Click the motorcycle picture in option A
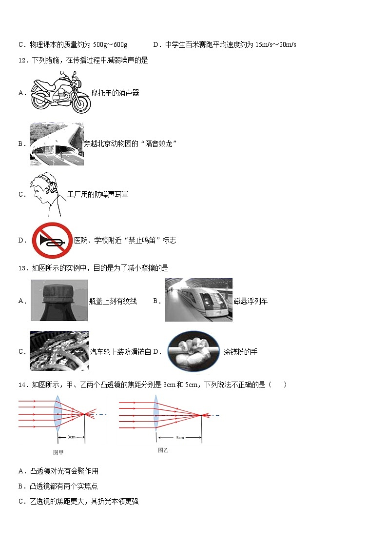60,92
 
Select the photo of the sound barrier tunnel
56,144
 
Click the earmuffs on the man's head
52,185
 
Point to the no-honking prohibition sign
52,240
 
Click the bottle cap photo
59,300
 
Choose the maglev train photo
198,300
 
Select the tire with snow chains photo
59,351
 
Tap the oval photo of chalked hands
193,351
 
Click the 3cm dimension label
71,437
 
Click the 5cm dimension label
180,438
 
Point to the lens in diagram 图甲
58,413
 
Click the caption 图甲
58,452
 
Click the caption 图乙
163,450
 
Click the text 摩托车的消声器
115,93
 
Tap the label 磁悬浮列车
251,301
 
